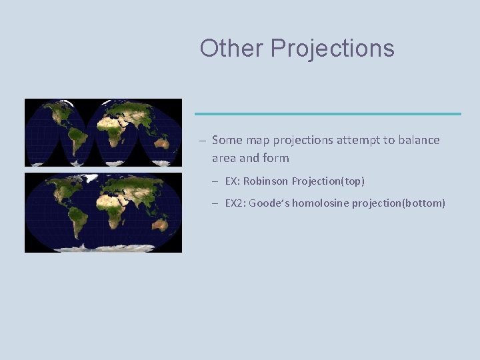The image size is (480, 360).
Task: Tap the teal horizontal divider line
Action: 327,113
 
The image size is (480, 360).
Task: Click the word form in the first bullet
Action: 277,158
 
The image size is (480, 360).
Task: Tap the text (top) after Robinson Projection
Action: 351,181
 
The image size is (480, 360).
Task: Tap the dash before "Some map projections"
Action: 201,141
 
